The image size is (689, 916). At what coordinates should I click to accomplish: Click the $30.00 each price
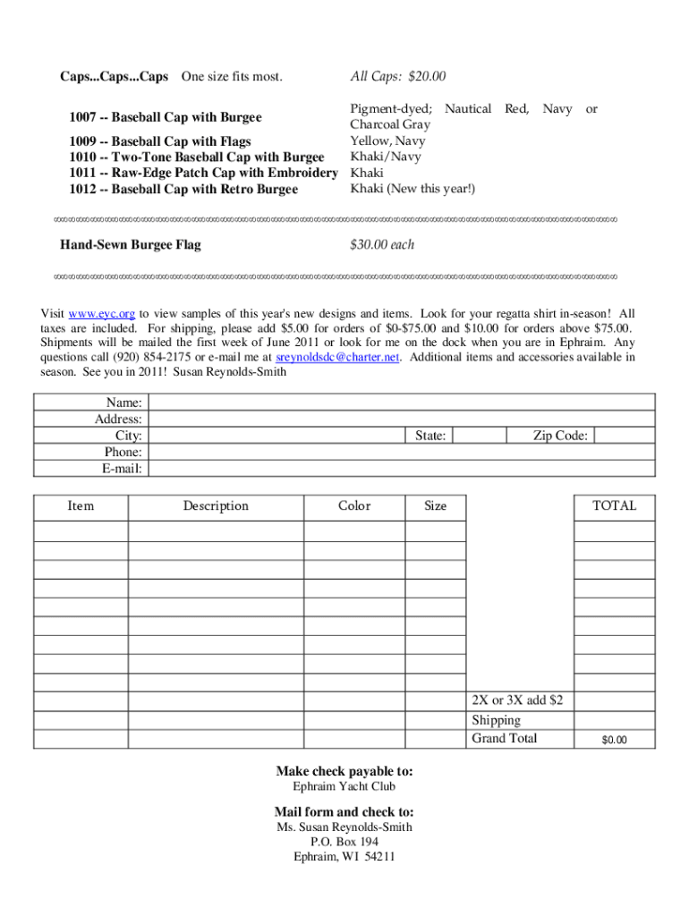(382, 245)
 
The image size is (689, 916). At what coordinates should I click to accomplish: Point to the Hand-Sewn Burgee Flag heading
(131, 245)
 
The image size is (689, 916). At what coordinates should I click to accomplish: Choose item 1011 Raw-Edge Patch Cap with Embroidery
(203, 174)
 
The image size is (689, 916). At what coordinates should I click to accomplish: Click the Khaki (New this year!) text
(413, 189)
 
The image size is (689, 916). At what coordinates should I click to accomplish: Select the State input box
(479, 436)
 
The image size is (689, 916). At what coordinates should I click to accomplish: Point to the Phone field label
(123, 453)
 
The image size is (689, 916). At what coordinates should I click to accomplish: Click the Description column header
(216, 506)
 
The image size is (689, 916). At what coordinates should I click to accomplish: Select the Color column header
(353, 506)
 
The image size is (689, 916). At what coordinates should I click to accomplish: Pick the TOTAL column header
(614, 506)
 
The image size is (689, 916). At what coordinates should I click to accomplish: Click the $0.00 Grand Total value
(614, 740)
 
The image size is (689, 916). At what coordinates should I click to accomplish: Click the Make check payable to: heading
(344, 771)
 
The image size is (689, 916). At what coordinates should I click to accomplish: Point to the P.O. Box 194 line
(344, 842)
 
